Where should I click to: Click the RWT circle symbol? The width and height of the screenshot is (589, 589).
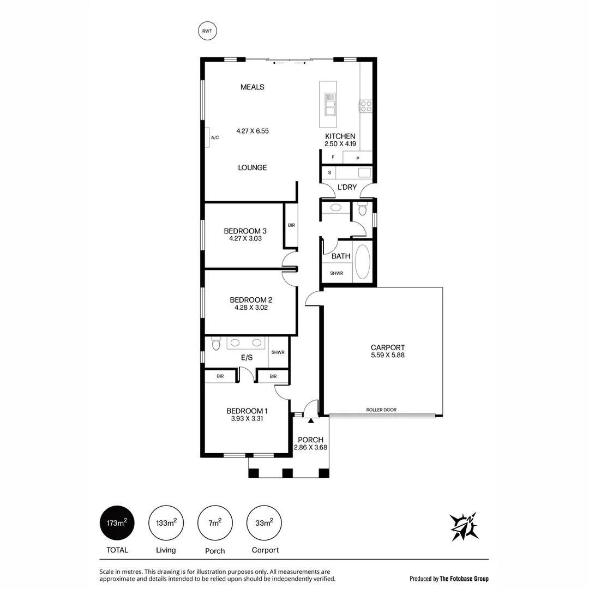(207, 31)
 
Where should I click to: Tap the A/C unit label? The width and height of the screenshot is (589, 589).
(215, 137)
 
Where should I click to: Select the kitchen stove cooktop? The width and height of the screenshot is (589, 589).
(365, 106)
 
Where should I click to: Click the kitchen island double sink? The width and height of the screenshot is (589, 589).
(330, 104)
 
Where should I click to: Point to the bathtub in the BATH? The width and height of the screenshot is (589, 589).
(363, 262)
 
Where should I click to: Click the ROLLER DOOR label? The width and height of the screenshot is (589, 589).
(381, 410)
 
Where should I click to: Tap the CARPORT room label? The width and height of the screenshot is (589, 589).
(388, 347)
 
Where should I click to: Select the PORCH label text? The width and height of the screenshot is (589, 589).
(311, 440)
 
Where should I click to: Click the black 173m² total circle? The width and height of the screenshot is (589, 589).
(117, 523)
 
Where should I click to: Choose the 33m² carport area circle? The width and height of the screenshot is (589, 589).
(265, 523)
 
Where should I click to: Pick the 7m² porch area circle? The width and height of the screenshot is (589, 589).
(215, 523)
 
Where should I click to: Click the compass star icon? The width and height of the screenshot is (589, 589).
(464, 526)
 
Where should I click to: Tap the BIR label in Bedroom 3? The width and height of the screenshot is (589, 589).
(291, 225)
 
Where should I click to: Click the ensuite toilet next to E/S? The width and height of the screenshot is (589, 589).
(216, 344)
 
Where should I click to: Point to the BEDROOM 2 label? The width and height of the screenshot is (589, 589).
(251, 299)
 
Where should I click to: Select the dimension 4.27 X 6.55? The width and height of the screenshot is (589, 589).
(253, 131)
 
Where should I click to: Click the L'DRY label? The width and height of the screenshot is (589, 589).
(347, 187)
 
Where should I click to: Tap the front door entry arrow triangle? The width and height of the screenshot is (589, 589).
(311, 420)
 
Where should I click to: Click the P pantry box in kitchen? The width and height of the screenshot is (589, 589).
(358, 158)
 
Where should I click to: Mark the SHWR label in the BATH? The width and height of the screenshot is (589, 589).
(336, 273)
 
